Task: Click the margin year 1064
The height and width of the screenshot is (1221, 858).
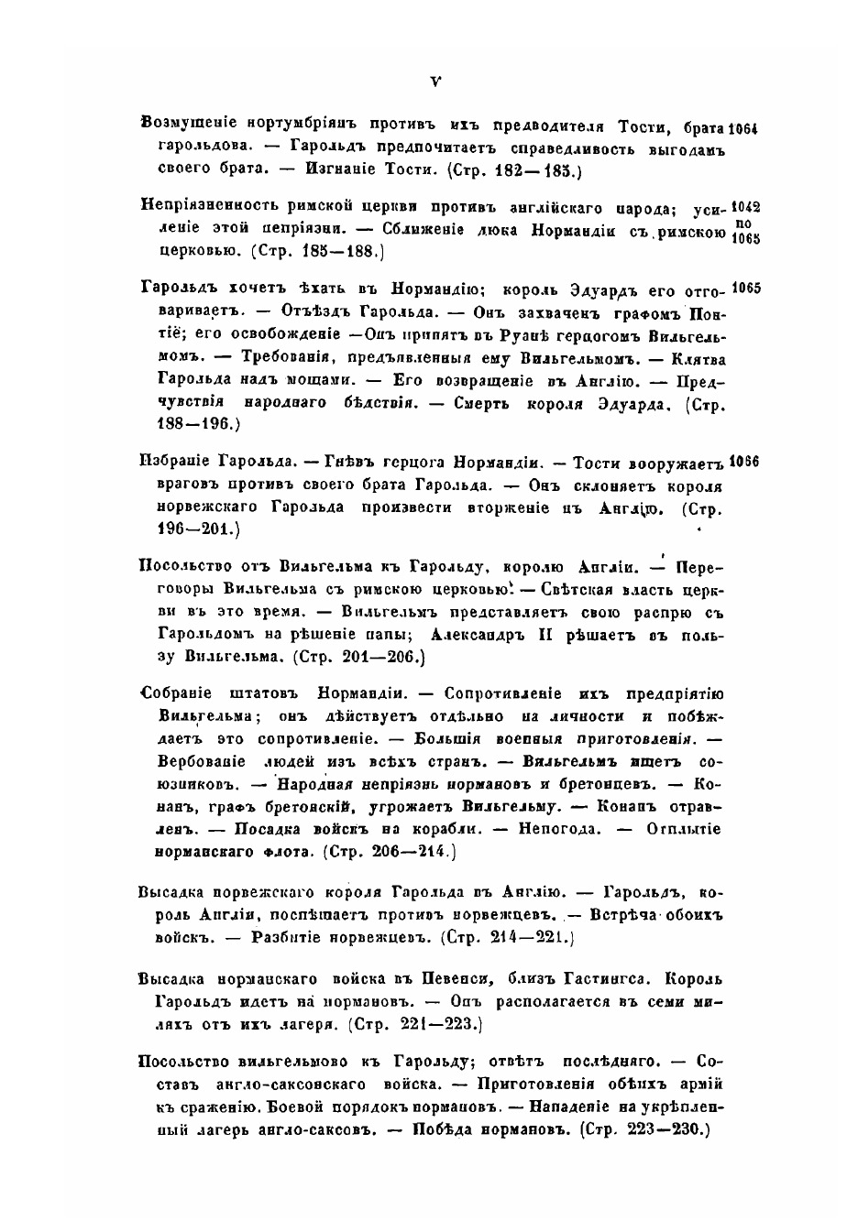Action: (745, 128)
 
